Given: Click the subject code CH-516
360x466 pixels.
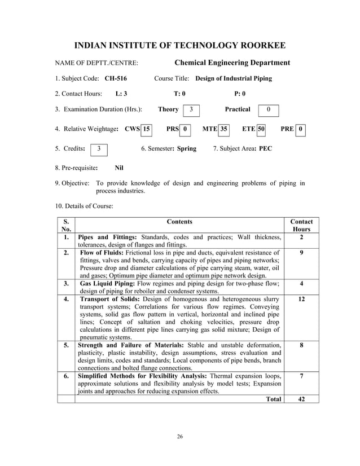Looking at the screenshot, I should [116, 78].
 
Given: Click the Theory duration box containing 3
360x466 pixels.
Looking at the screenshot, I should [192, 109].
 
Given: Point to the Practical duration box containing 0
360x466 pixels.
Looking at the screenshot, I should [269, 109].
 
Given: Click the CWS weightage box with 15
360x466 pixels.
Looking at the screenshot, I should [147, 129].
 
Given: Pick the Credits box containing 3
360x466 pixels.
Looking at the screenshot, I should [99, 149].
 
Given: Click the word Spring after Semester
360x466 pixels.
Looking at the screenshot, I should [186, 149].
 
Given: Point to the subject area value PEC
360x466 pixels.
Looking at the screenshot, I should [265, 149].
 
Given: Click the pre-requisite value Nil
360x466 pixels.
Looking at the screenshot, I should [119, 168].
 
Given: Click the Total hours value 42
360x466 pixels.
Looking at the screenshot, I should [302, 399].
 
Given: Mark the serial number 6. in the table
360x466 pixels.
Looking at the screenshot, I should [67, 375].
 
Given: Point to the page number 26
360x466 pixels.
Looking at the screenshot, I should [179, 437].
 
